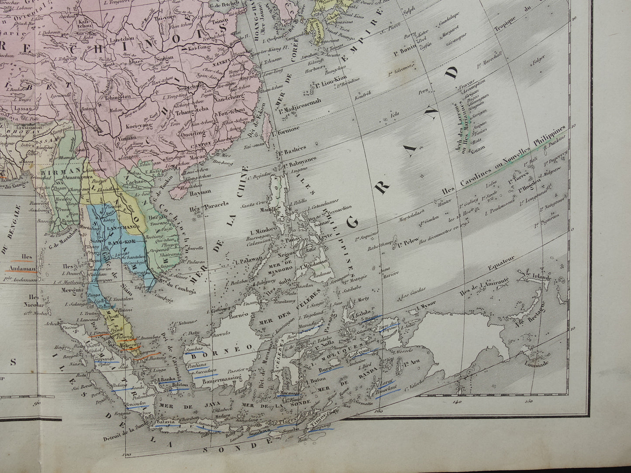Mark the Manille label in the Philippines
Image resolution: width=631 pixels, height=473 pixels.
click(x=267, y=209)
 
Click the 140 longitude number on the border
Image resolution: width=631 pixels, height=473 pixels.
click(x=457, y=402)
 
